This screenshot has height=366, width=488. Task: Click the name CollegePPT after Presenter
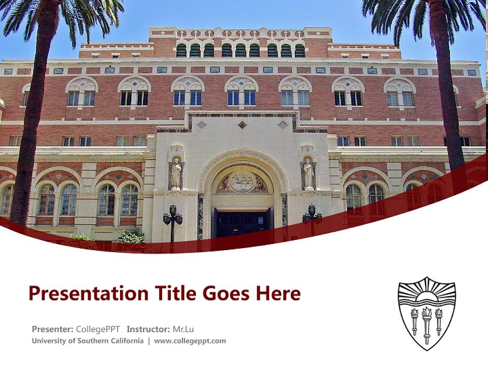(x=98, y=329)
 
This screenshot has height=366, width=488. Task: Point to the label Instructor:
(x=148, y=329)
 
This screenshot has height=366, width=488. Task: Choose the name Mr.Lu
(x=183, y=329)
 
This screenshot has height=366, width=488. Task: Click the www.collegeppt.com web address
(x=190, y=341)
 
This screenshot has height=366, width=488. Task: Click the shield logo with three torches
(x=426, y=313)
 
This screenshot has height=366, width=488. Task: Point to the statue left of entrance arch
(x=176, y=174)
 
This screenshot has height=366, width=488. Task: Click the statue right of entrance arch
(x=308, y=174)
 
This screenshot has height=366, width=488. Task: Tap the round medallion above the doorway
(x=242, y=181)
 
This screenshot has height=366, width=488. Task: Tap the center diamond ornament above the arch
(x=242, y=125)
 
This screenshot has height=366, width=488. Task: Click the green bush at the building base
(x=131, y=236)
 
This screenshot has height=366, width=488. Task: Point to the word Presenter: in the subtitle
(x=52, y=329)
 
